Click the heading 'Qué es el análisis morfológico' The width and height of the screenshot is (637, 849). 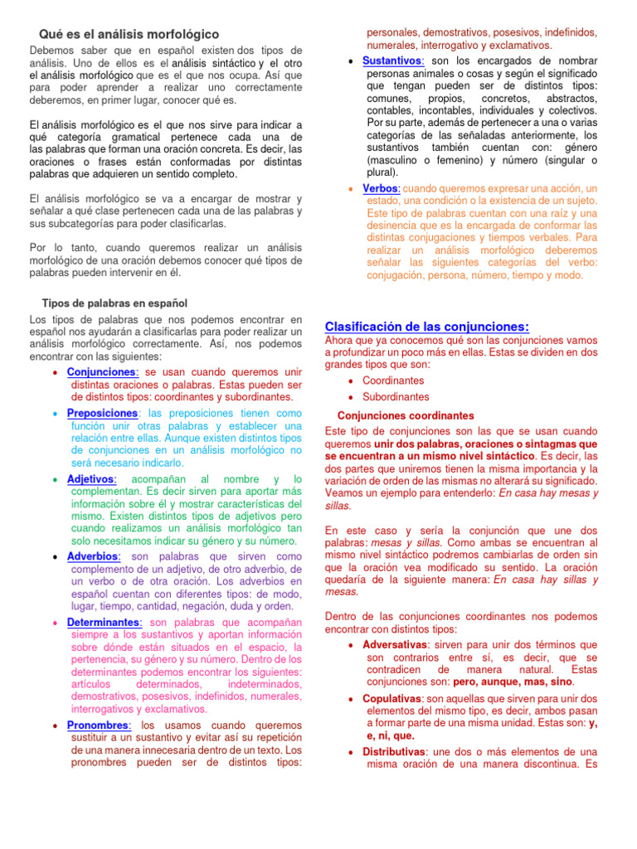pyautogui.click(x=129, y=34)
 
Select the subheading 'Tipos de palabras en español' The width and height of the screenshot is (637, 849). pyautogui.click(x=115, y=303)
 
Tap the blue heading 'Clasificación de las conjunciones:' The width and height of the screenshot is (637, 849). pyautogui.click(x=427, y=326)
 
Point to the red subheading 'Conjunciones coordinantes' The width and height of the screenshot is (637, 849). pyautogui.click(x=406, y=415)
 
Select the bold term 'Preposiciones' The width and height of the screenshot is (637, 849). pyautogui.click(x=102, y=413)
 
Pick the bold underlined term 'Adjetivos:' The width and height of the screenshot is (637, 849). pyautogui.click(x=91, y=480)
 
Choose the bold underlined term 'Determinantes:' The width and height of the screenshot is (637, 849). pyautogui.click(x=105, y=622)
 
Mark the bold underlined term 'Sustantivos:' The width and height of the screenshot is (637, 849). pyautogui.click(x=394, y=61)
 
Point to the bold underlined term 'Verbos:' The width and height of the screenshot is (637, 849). pyautogui.click(x=381, y=188)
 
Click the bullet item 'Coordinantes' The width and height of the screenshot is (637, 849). pyautogui.click(x=393, y=380)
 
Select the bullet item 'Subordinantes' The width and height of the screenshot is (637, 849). pyautogui.click(x=396, y=396)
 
